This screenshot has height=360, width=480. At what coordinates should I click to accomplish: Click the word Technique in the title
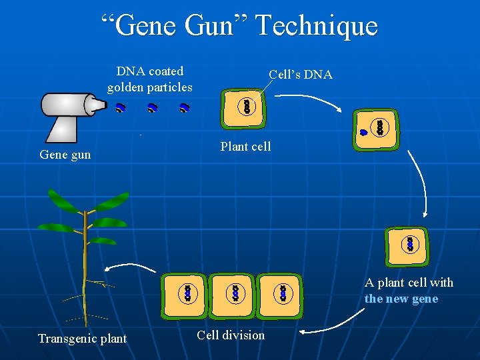click(316, 26)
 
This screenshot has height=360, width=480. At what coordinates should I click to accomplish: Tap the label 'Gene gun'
click(65, 155)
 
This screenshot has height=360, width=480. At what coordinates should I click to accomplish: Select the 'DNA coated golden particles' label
click(149, 79)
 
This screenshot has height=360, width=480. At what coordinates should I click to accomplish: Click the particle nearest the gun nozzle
click(120, 107)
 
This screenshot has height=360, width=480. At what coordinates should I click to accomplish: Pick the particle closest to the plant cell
click(185, 107)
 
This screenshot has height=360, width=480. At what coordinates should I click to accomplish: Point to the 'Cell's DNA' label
click(300, 75)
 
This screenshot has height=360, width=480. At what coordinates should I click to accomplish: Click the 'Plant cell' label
click(245, 146)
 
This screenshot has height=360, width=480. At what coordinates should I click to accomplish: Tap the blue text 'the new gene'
click(401, 299)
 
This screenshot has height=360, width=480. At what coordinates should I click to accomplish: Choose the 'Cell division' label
click(231, 335)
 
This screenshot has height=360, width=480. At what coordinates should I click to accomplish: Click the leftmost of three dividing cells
click(184, 293)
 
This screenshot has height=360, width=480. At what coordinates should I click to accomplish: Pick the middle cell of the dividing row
click(234, 293)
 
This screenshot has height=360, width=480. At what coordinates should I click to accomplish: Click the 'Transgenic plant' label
click(82, 338)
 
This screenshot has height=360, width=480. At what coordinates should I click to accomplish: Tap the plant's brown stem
click(85, 267)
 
